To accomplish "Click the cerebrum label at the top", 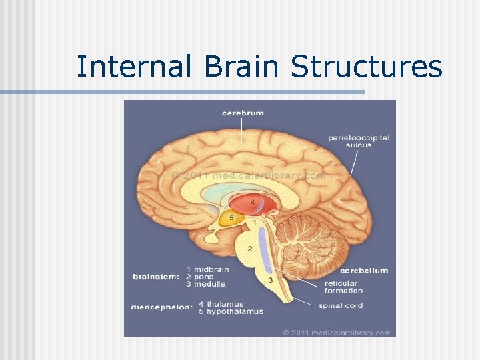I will (x=243, y=113).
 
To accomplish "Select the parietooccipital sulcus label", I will (x=359, y=141).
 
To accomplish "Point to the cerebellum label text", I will (x=364, y=270).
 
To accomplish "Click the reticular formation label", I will (x=343, y=287).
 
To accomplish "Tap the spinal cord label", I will (x=340, y=305).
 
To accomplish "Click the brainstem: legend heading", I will (x=155, y=276).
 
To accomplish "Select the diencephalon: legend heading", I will (x=163, y=307).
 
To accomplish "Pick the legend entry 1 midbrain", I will (x=208, y=269).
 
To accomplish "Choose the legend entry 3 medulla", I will (x=207, y=283).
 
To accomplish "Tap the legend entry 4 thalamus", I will (x=221, y=304).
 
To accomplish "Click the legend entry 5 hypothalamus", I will (x=231, y=311).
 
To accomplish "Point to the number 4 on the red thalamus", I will (x=252, y=201).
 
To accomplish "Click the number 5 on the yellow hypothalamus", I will (x=231, y=217).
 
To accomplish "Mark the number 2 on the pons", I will (x=249, y=249).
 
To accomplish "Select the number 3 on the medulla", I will (x=270, y=280).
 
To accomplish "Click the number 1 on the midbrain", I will (x=254, y=221).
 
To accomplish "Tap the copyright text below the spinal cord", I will (x=336, y=332).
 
